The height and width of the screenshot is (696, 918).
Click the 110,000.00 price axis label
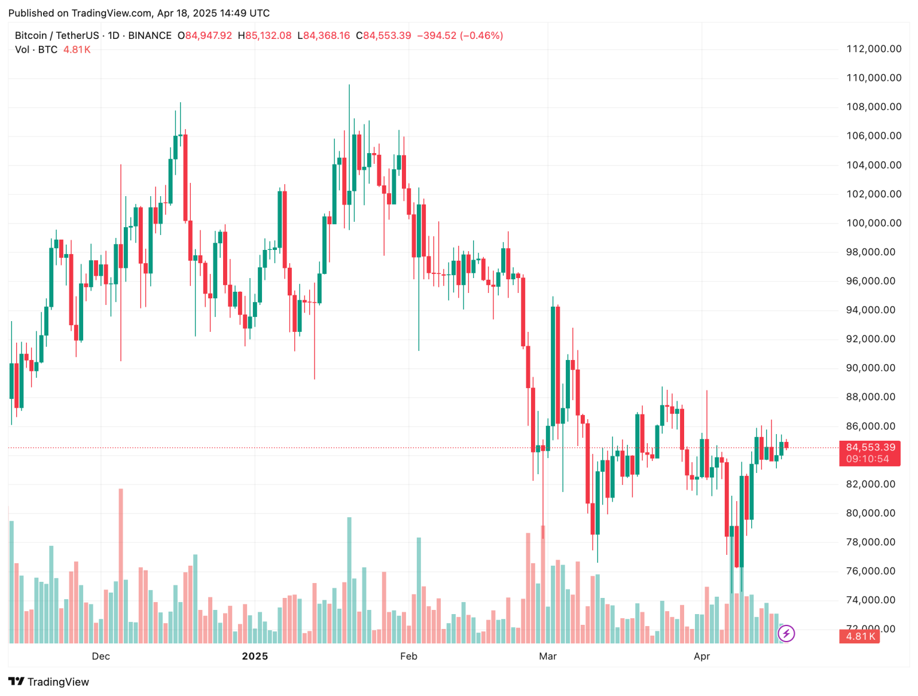(873, 78)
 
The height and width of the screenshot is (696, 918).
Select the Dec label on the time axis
(101, 656)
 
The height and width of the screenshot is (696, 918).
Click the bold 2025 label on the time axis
(255, 656)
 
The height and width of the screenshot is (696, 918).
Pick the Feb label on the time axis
(408, 656)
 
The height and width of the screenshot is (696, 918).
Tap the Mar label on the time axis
(548, 656)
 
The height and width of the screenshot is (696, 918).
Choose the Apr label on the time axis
(702, 656)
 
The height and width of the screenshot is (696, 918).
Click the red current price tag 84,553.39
(870, 447)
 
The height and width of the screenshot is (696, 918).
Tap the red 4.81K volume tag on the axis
(861, 636)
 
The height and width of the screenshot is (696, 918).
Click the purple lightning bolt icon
(786, 633)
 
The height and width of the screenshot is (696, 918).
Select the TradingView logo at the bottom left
(49, 682)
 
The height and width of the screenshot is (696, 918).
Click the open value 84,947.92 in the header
(208, 36)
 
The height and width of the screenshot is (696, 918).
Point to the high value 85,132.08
(269, 36)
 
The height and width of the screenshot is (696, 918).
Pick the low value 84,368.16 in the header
(327, 36)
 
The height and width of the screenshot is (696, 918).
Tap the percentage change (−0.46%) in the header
(481, 36)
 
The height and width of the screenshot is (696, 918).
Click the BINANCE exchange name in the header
(150, 36)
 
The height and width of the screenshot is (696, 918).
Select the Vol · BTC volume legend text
(36, 50)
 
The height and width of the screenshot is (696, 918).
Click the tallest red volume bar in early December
(121, 565)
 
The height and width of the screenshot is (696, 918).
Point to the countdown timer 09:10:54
(867, 459)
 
